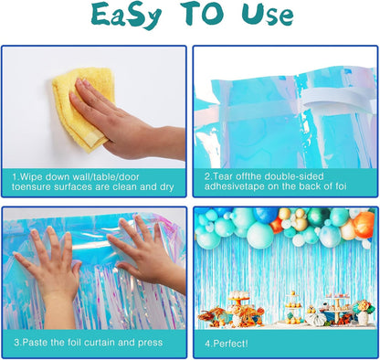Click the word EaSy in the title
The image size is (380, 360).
click(x=126, y=15)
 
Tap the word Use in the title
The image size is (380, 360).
click(x=268, y=14)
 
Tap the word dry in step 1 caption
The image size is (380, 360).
click(x=165, y=187)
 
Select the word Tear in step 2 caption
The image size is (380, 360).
click(x=221, y=176)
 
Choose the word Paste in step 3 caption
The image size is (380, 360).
click(x=36, y=343)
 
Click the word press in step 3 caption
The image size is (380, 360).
click(x=151, y=343)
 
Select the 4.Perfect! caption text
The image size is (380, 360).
click(x=227, y=344)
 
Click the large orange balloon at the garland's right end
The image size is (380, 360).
click(x=364, y=225)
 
